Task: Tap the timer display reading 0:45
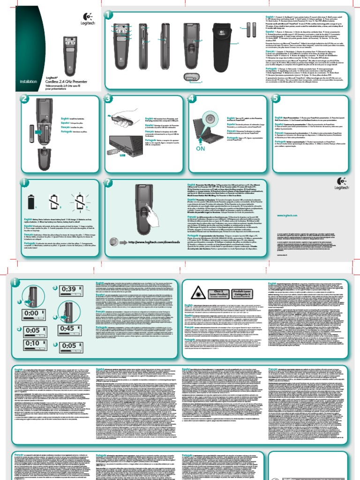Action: pyautogui.click(x=68, y=329)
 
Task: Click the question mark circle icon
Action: pyautogui.click(x=110, y=182)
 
